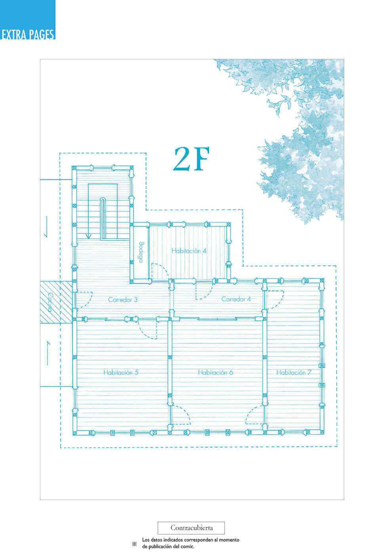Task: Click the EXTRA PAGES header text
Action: point(28,34)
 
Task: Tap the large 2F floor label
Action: point(191,159)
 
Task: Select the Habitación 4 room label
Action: point(189,251)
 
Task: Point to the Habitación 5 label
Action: point(121,372)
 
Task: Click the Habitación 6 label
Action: point(215,372)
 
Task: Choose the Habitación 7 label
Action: point(293,372)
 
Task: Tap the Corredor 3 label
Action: point(122,300)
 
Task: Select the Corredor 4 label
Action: point(236,299)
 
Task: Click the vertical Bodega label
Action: point(141,252)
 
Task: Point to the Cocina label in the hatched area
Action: point(50,302)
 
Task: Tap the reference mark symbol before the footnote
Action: point(134,544)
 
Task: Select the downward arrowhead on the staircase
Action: point(88,236)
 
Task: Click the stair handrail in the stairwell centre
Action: point(103,219)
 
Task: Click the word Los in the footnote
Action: point(146,540)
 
